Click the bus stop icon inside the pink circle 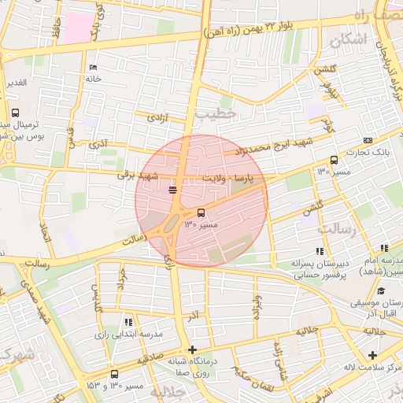201,212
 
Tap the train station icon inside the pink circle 173,190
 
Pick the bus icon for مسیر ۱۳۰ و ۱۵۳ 115,374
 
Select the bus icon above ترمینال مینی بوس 15,113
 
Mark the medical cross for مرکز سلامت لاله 372,355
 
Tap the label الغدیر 17,82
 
